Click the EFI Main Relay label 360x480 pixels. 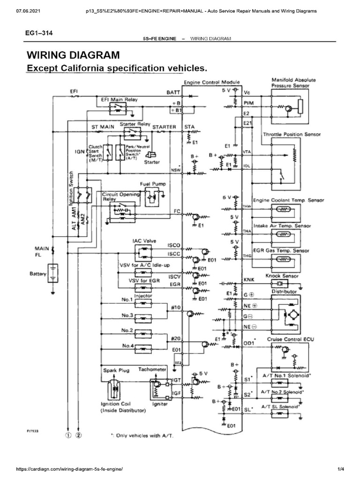coord(115,100)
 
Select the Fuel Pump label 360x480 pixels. coord(150,184)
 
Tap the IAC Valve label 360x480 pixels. coord(143,240)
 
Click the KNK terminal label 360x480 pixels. coord(248,280)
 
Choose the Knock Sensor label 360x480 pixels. coord(282,276)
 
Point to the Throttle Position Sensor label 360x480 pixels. coord(292,135)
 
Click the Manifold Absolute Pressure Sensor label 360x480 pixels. coord(294,83)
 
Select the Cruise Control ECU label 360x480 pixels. coord(287,338)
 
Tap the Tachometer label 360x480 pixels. coord(152,369)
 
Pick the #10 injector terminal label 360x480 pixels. coord(176,307)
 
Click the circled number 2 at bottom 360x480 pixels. coord(79,435)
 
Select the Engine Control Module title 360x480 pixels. coord(212,82)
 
